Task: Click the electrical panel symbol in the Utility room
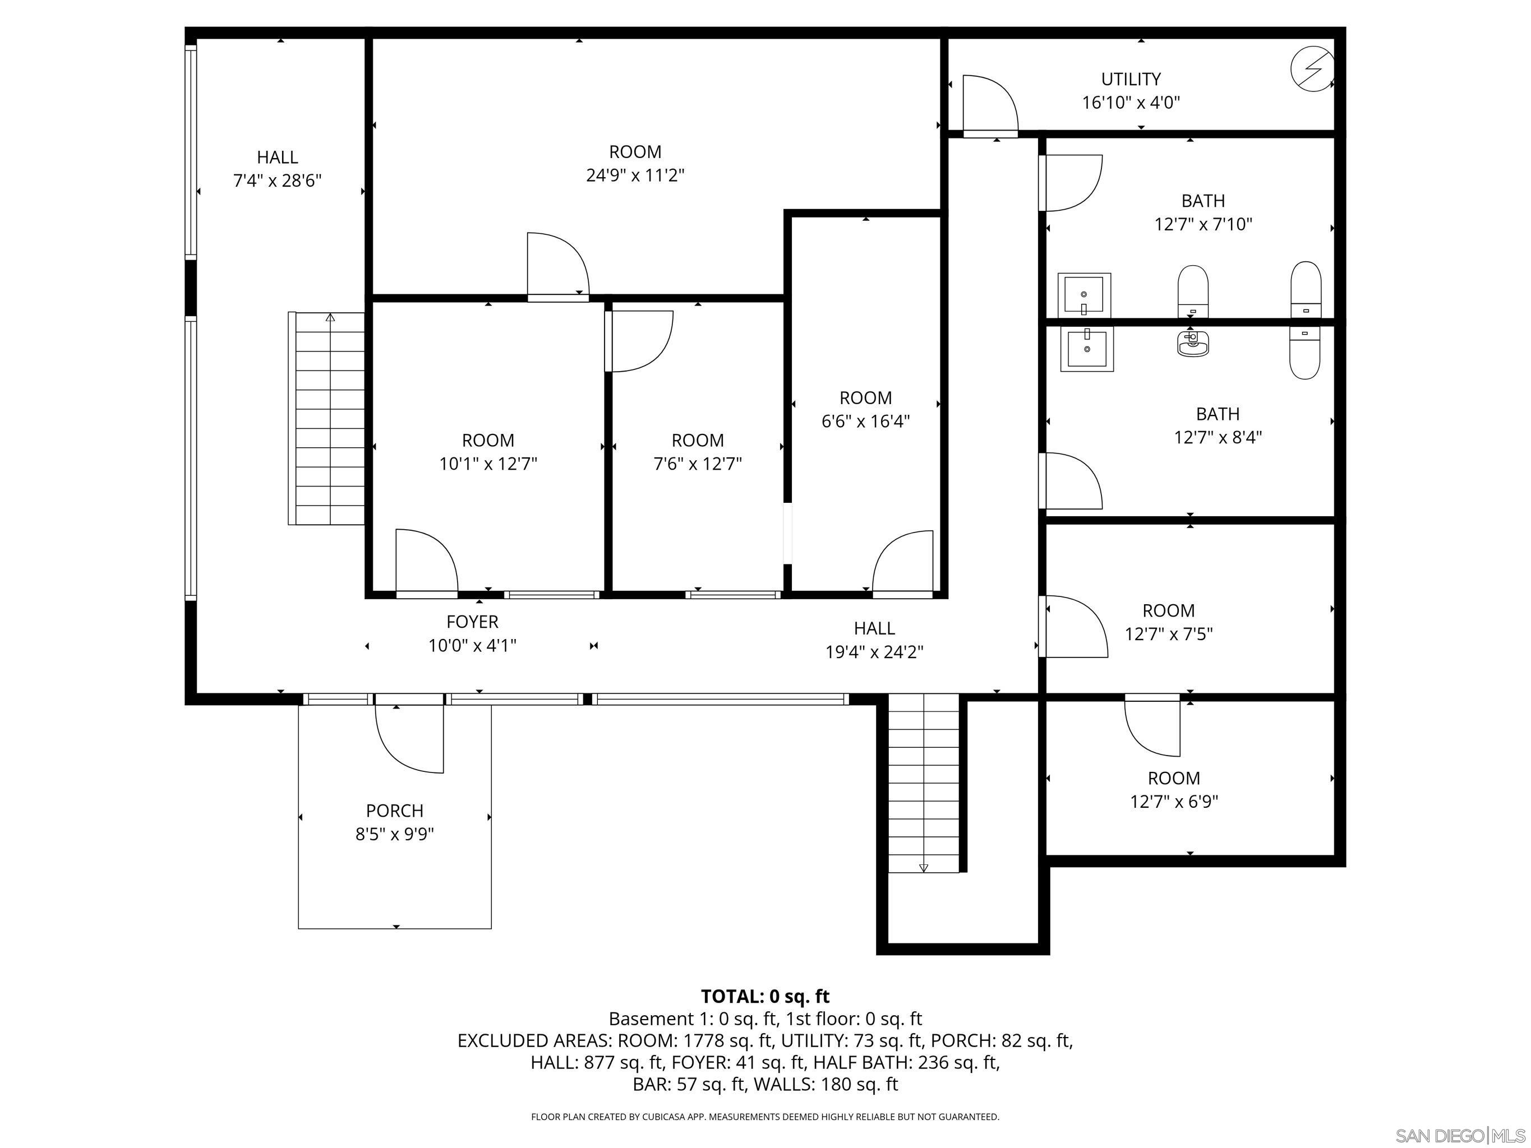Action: click(x=1312, y=68)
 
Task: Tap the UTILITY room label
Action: click(x=1131, y=79)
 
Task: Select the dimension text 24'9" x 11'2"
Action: click(x=635, y=175)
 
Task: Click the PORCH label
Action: click(x=394, y=811)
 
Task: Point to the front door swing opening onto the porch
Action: click(x=408, y=738)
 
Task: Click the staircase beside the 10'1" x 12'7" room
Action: click(x=327, y=419)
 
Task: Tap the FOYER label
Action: click(x=472, y=622)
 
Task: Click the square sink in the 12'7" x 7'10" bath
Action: click(x=1084, y=295)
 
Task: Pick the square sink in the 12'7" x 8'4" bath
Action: click(x=1087, y=349)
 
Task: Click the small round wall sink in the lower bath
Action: click(x=1192, y=342)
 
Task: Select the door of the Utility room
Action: click(x=990, y=104)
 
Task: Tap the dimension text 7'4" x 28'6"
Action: click(x=277, y=180)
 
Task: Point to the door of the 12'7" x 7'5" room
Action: click(x=1074, y=626)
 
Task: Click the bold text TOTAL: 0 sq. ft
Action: click(x=765, y=997)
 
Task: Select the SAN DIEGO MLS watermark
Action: click(x=1459, y=1136)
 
